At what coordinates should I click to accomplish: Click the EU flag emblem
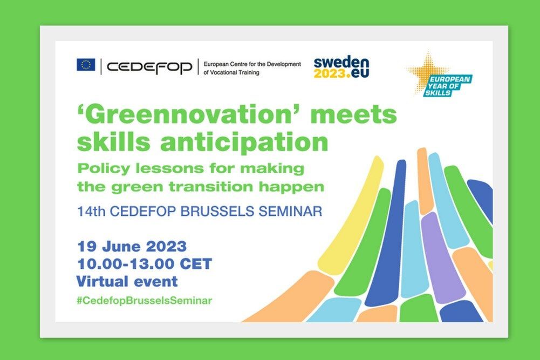(x=86, y=65)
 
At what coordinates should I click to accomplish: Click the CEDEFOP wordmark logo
(x=149, y=67)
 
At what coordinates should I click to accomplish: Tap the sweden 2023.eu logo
(x=341, y=67)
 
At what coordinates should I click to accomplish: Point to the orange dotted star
(x=427, y=71)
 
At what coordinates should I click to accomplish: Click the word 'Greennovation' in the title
(x=189, y=115)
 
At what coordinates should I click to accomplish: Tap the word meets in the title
(x=354, y=115)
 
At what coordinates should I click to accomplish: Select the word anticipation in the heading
(x=244, y=142)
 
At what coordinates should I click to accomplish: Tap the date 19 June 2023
(x=132, y=247)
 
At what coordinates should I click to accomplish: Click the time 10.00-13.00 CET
(x=144, y=264)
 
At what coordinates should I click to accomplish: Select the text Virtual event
(x=127, y=281)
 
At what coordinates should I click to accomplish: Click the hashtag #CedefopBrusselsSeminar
(x=144, y=301)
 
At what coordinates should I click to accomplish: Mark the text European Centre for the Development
(x=252, y=64)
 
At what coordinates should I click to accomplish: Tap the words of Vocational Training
(x=231, y=72)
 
